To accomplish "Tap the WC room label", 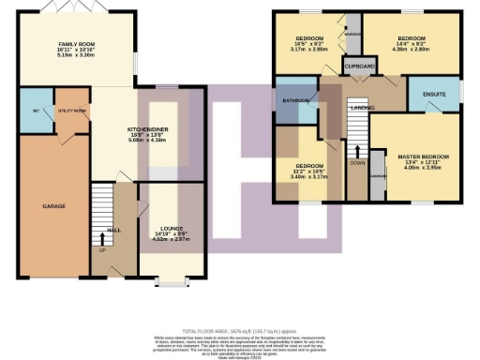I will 34,110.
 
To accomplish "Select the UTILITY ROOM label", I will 73,111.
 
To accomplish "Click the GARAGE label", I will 52,204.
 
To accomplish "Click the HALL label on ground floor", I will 113,228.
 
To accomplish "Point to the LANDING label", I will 362,109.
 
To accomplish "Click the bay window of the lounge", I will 170,279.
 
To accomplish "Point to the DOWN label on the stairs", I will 357,162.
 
